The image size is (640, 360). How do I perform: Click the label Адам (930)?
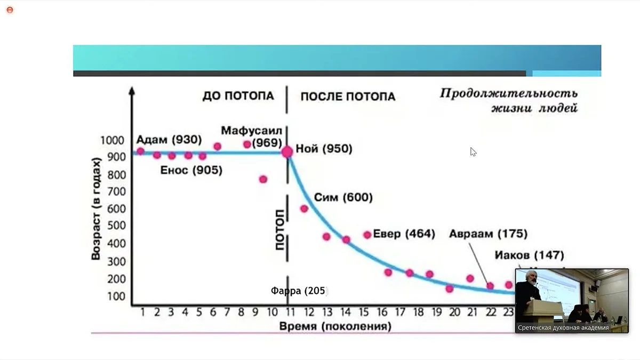click(169, 140)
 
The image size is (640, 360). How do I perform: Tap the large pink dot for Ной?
click(287, 152)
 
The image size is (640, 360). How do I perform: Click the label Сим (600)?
click(343, 197)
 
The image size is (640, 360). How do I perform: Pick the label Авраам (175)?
click(487, 234)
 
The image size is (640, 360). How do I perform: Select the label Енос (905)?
click(191, 171)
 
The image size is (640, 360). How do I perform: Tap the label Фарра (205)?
click(298, 291)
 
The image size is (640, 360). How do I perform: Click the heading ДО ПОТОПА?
click(238, 96)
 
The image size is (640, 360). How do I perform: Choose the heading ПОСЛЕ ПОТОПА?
click(348, 97)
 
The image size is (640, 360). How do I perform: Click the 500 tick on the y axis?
click(115, 226)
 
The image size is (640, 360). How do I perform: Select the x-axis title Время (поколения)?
click(335, 326)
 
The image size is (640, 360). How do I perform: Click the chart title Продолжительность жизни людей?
click(508, 101)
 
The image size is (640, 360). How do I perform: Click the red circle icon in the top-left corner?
click(10, 10)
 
